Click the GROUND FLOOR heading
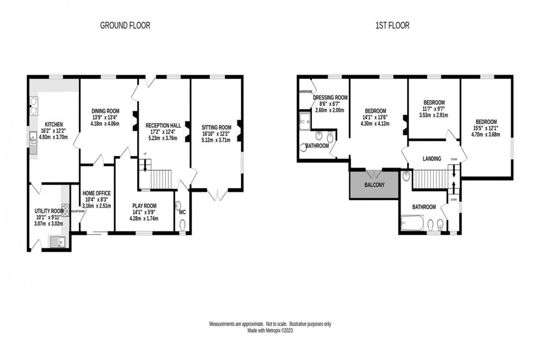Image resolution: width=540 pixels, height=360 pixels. click(125, 25)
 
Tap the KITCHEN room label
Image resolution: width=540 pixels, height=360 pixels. click(53, 124)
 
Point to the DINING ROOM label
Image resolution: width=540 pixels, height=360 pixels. click(105, 111)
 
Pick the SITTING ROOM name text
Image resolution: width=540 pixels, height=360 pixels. click(217, 127)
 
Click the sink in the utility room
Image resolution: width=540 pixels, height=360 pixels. click(56, 241)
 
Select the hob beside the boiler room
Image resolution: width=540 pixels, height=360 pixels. click(65, 209)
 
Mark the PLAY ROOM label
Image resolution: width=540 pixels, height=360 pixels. click(145, 205)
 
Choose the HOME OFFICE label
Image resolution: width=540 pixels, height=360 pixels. click(96, 193)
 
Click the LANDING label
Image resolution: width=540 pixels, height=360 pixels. click(431, 159)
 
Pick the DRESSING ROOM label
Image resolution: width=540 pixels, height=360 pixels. click(331, 97)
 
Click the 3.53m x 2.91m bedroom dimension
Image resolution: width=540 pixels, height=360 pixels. click(434, 116)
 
